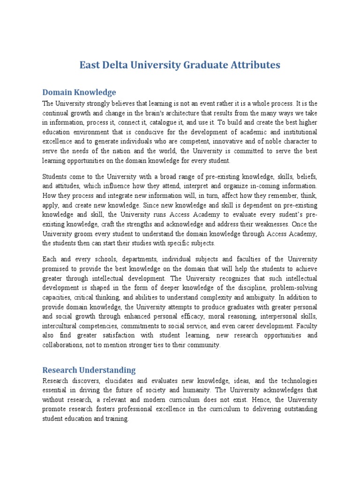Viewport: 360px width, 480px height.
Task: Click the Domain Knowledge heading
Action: point(79,92)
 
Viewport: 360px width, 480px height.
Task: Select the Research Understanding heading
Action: point(89,370)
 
